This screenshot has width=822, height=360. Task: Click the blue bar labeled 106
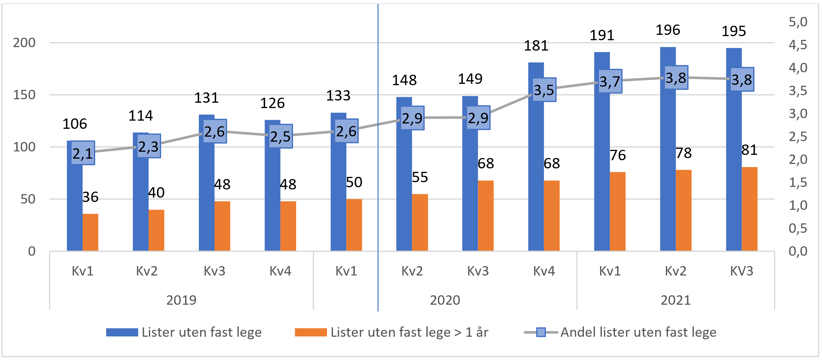[74, 207]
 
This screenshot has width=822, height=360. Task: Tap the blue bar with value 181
[536, 176]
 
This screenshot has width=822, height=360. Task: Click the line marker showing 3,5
[544, 90]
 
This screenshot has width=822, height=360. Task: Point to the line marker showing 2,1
[83, 153]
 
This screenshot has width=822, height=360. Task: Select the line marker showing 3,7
[610, 81]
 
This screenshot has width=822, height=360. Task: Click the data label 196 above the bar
[667, 30]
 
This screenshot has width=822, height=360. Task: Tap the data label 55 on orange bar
[420, 177]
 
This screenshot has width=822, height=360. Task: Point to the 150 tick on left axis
[24, 95]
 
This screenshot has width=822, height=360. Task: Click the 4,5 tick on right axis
[798, 45]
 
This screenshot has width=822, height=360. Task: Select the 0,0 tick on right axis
[798, 251]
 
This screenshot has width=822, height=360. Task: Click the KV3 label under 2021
[741, 271]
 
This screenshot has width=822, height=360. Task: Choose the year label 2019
[181, 300]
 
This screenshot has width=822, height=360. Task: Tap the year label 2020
[445, 300]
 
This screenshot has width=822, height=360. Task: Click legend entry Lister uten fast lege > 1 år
[409, 332]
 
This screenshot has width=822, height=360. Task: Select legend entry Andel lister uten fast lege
[638, 332]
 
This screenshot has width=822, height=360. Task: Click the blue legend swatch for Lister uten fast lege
[122, 332]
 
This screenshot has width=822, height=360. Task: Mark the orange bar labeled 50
[354, 225]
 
